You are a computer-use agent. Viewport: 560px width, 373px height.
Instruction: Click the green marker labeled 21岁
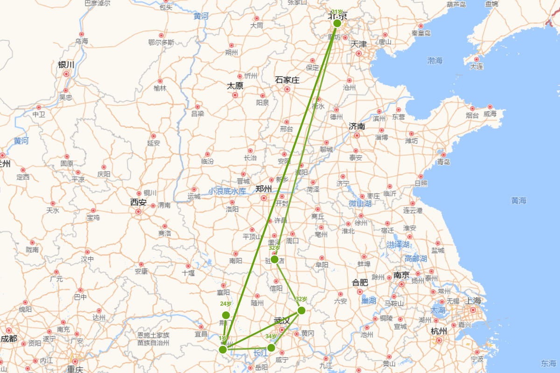[x=337, y=23]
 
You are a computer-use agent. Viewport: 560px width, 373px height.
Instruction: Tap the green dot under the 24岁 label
[x=226, y=315]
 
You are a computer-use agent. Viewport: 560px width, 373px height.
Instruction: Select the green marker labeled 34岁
[x=271, y=347]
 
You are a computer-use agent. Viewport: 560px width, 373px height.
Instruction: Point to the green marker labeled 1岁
[x=223, y=349]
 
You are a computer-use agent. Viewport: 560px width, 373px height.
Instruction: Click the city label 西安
[x=139, y=203]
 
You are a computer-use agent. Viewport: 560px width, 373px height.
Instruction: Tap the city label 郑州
[x=264, y=189]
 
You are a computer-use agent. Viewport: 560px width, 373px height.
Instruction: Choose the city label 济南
[x=357, y=126]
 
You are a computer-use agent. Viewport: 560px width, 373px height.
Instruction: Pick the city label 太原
[x=235, y=86]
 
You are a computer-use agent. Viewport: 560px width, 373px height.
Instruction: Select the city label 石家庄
[x=287, y=80]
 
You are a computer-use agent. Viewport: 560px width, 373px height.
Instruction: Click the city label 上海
[x=473, y=301]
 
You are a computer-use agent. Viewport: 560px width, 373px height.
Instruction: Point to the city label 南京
[x=401, y=275]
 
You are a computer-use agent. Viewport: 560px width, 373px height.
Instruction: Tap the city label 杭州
[x=439, y=332]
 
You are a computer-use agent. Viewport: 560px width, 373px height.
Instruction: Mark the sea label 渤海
[x=435, y=61]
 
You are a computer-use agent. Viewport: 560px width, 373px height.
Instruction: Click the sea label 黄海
[x=518, y=200]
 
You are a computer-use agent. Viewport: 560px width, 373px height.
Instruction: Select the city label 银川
[x=66, y=64]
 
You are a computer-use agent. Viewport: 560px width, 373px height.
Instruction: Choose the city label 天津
[x=359, y=44]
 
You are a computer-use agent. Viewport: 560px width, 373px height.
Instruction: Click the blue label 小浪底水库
[x=227, y=191]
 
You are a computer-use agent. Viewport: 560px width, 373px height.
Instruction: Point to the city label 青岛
[x=443, y=162]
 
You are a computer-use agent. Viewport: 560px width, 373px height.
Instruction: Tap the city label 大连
[x=476, y=66]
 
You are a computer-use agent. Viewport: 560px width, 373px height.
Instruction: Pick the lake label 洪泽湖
[x=398, y=244]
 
